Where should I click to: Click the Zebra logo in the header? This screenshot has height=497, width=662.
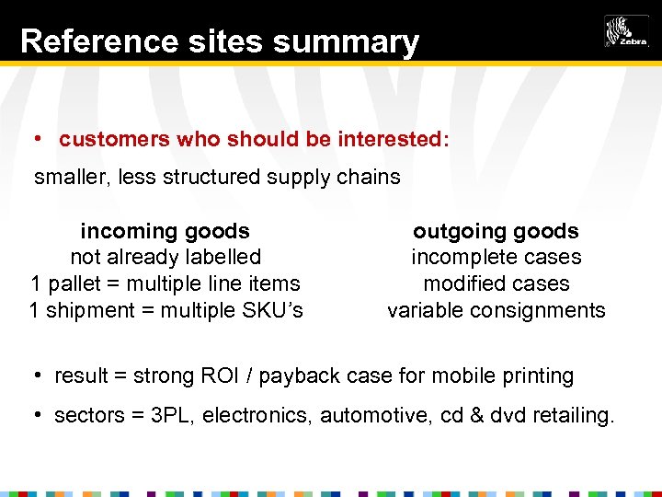pyautogui.click(x=626, y=31)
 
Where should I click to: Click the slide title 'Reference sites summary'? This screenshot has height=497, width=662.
pyautogui.click(x=219, y=41)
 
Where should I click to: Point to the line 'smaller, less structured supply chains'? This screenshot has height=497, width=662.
pyautogui.click(x=217, y=177)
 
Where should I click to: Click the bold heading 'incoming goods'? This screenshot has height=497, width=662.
pyautogui.click(x=165, y=231)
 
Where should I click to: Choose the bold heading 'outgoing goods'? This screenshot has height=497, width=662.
pyautogui.click(x=496, y=231)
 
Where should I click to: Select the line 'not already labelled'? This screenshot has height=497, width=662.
pyautogui.click(x=165, y=258)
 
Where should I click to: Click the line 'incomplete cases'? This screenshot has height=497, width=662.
pyautogui.click(x=496, y=258)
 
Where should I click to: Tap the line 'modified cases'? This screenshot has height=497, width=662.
pyautogui.click(x=496, y=283)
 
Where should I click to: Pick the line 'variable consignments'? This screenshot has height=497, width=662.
pyautogui.click(x=496, y=310)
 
